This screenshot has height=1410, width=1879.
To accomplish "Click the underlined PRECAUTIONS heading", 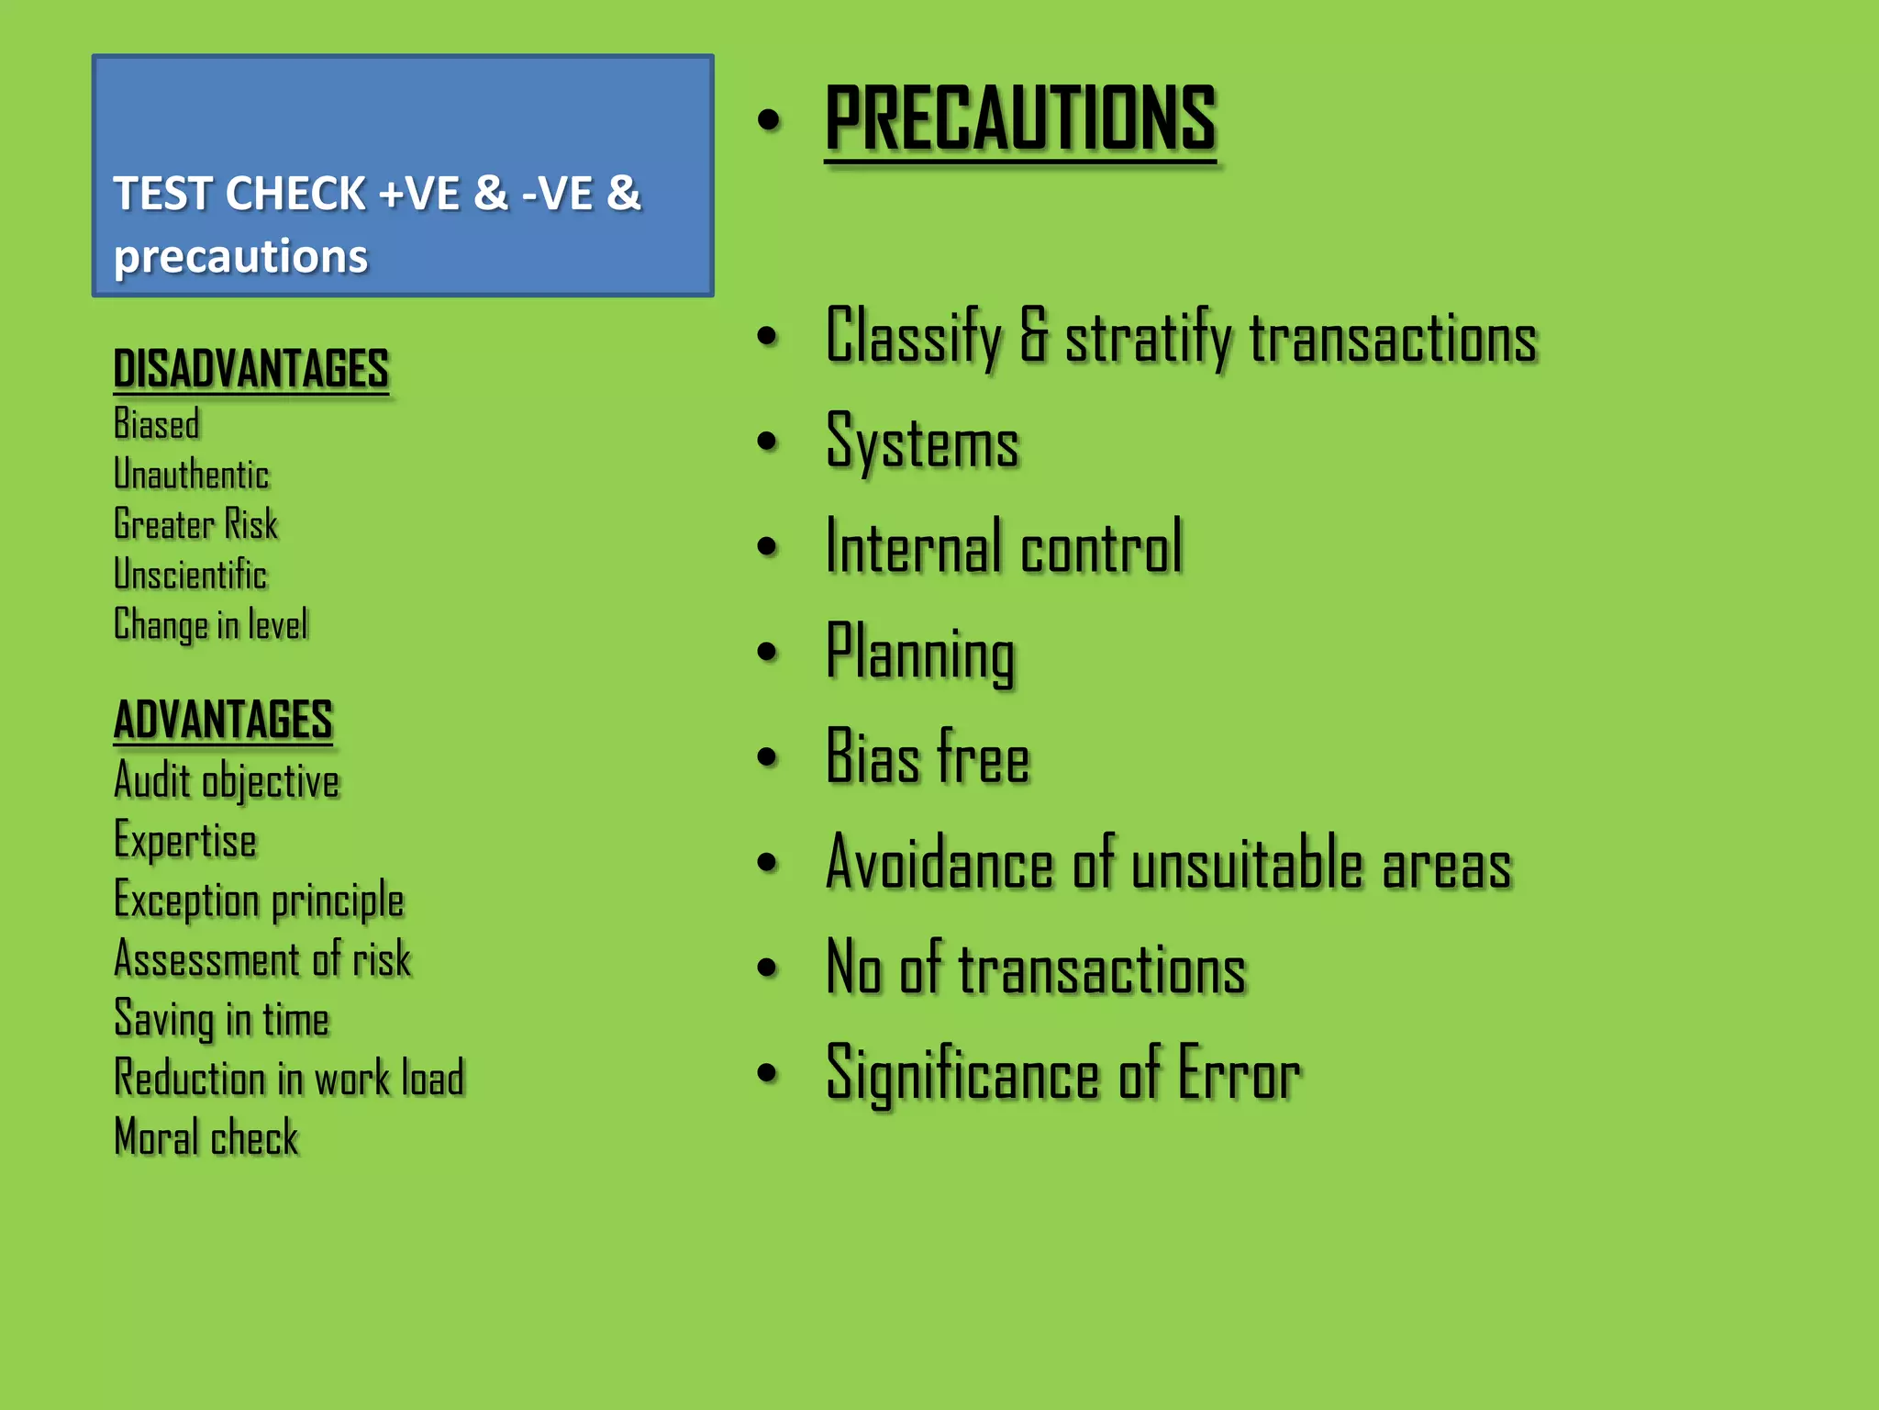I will (x=1020, y=118).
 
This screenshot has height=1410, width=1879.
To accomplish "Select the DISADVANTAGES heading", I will (x=250, y=369).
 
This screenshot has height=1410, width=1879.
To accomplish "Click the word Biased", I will (x=156, y=424).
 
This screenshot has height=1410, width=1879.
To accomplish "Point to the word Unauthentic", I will (x=191, y=475).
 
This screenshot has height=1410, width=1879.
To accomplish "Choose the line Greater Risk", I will (x=195, y=524).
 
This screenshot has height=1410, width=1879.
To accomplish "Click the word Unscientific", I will (x=190, y=575).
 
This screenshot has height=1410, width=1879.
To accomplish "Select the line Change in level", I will (x=210, y=625).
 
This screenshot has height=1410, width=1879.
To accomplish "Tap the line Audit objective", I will (x=226, y=781).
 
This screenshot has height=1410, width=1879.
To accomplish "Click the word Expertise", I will (x=184, y=841).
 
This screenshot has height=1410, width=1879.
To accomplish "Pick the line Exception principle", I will (x=258, y=901).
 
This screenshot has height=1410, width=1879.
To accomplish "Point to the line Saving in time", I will (x=221, y=1019).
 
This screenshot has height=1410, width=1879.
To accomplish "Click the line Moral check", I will (x=206, y=1137).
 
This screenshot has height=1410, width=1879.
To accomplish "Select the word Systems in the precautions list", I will (x=922, y=442).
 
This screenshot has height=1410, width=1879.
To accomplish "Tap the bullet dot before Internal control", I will (x=768, y=547).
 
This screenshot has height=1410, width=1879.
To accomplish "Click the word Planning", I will (x=920, y=653).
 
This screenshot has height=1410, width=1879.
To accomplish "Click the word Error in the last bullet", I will (x=1239, y=1074).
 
